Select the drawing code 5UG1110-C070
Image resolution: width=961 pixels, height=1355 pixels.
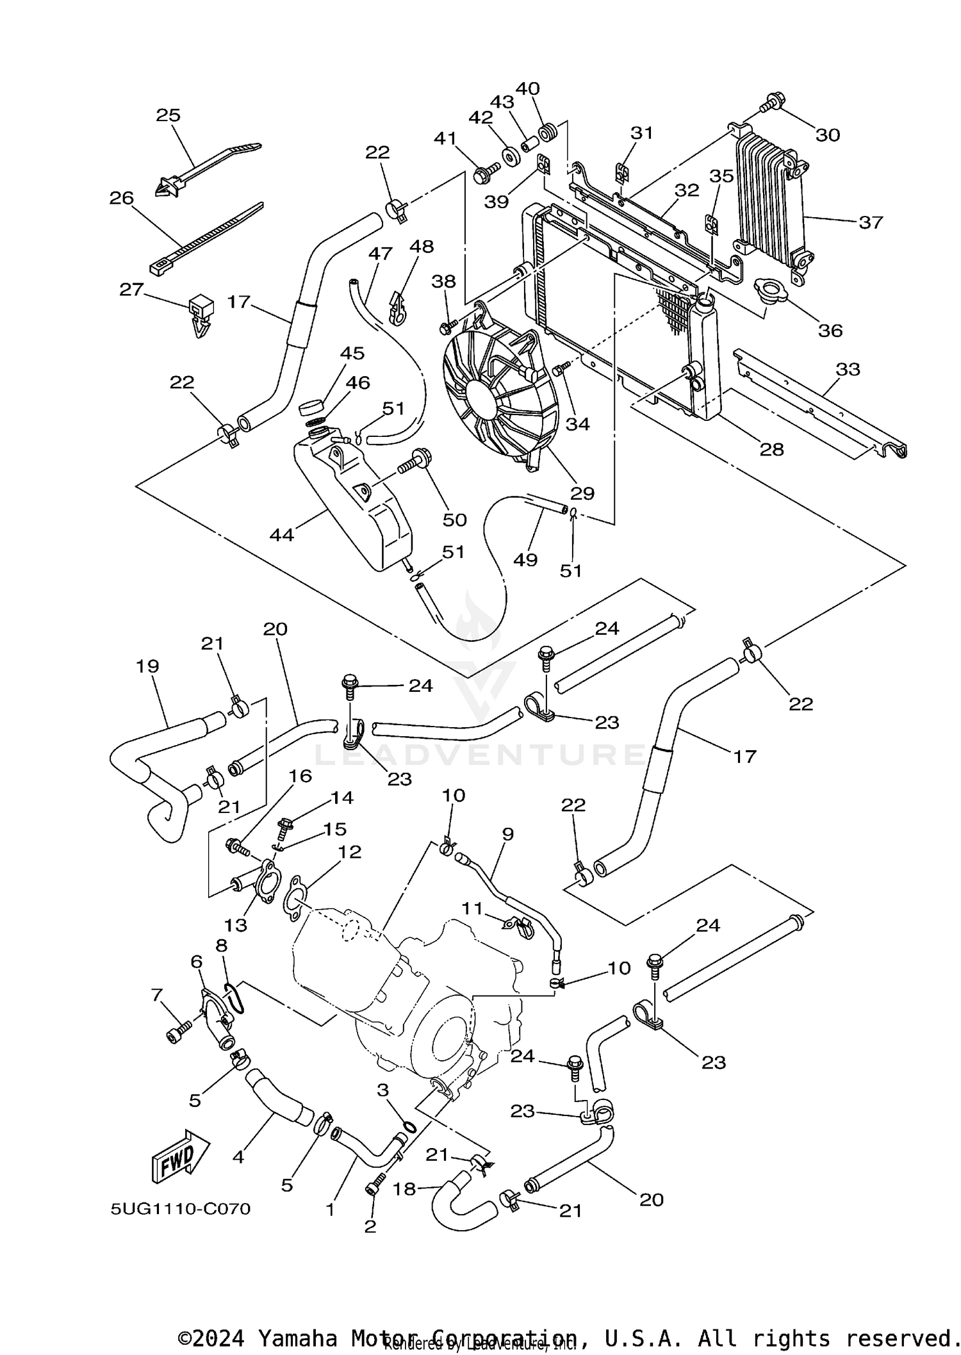coord(180,1209)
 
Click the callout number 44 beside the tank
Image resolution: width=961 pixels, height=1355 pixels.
coord(281,534)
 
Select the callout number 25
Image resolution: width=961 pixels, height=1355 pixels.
coord(168,115)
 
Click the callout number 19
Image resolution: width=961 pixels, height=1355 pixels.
coord(147,666)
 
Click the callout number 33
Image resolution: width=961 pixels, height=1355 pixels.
coord(848,369)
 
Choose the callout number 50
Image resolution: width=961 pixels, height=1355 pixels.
coord(454,519)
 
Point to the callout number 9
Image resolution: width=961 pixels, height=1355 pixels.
coord(507,834)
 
